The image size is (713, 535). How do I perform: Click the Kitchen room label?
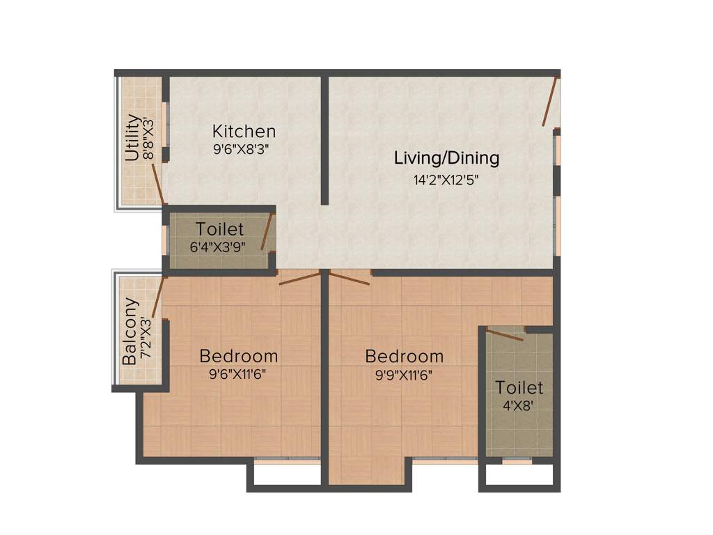[244, 131]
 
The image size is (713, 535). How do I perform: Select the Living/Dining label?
[446, 158]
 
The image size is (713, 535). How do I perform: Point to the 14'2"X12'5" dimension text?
[446, 179]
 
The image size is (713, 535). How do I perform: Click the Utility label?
[132, 138]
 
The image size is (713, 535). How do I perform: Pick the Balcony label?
[130, 332]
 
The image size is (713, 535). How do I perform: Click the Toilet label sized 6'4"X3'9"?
[219, 229]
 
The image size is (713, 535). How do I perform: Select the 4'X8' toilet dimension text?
[519, 405]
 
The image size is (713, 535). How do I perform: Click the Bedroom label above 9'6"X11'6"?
[238, 356]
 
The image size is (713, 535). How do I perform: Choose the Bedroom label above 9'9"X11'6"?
[404, 356]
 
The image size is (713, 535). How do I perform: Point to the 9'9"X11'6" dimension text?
[404, 373]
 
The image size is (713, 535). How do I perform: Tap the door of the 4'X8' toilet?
[505, 335]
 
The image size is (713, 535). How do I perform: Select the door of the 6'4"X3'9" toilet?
[266, 231]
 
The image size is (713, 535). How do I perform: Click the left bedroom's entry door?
[299, 279]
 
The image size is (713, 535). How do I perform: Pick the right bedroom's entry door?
[350, 279]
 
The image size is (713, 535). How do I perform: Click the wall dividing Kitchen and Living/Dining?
[324, 139]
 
